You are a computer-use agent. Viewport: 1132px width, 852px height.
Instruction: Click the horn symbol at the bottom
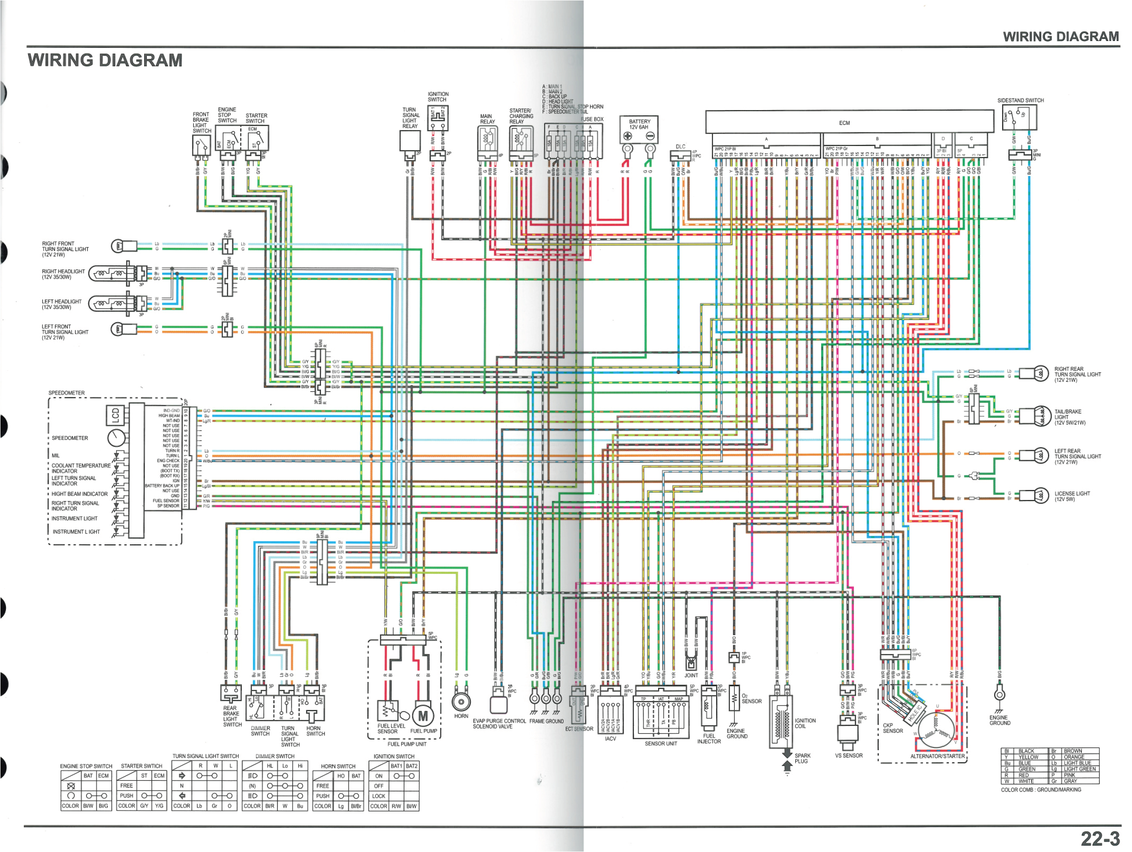(x=461, y=700)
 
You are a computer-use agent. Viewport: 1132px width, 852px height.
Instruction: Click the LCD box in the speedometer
(x=115, y=415)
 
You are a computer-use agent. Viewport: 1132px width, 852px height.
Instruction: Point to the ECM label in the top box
(x=844, y=123)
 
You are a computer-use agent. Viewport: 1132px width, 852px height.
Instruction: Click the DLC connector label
(x=680, y=146)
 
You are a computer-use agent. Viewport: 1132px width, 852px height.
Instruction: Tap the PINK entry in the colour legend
(x=1069, y=775)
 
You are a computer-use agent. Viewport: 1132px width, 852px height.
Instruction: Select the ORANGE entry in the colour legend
(x=1074, y=757)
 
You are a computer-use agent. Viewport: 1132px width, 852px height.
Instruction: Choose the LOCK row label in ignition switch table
(x=379, y=796)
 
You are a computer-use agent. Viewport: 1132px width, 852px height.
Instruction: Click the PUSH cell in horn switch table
(x=322, y=796)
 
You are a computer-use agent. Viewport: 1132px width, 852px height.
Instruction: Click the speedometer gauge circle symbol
(x=116, y=438)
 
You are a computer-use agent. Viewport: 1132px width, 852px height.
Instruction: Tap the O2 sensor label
(x=751, y=699)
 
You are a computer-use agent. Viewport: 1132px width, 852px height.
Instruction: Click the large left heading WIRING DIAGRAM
(x=105, y=60)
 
